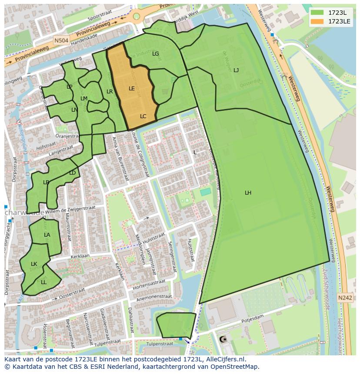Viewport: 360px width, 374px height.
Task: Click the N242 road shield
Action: click(345, 297)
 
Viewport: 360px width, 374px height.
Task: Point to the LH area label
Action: click(248, 192)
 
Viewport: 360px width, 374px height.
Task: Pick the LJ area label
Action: click(236, 70)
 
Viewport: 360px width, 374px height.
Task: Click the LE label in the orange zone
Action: click(132, 88)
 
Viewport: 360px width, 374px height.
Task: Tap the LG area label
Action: click(156, 54)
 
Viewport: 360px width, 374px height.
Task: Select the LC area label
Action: click(143, 116)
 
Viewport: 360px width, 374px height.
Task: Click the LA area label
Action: click(47, 235)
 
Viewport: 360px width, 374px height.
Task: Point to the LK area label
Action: click(34, 264)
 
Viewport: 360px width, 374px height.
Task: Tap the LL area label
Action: click(43, 282)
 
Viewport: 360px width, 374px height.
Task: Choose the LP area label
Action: click(69, 86)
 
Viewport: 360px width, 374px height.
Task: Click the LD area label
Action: click(72, 173)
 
